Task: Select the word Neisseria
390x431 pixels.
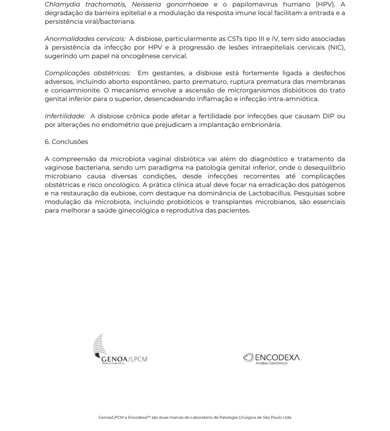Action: [x=146, y=5]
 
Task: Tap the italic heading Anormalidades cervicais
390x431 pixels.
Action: [x=85, y=39]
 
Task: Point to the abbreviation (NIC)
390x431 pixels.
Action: [x=336, y=47]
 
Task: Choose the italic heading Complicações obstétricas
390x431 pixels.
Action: [x=88, y=73]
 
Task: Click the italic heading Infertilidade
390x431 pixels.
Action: [x=65, y=116]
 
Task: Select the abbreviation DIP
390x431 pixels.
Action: [x=330, y=116]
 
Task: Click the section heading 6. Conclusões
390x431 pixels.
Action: [x=66, y=142]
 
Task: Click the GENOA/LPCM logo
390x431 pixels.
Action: [x=120, y=349]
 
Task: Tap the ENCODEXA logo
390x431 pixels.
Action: [x=272, y=358]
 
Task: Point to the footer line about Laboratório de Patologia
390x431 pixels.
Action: [x=195, y=418]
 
